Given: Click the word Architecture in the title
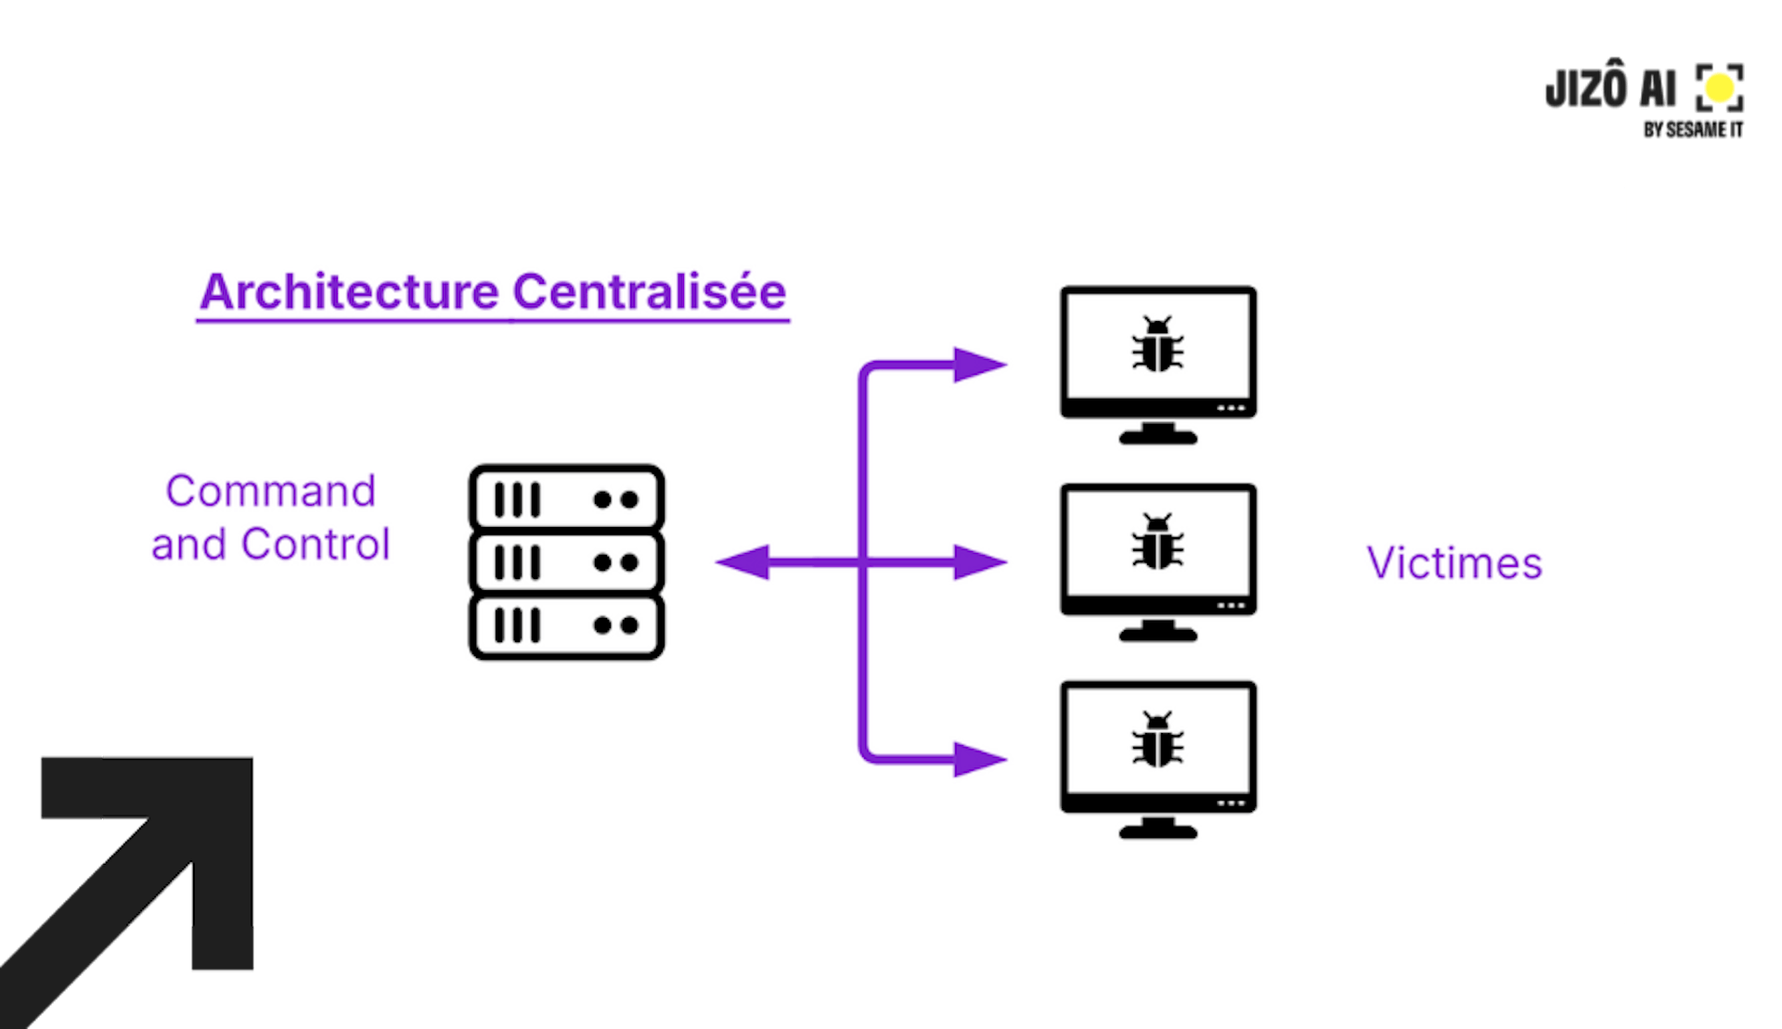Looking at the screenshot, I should click(349, 292).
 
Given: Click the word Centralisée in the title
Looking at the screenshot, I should click(649, 292).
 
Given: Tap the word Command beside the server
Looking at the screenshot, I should click(270, 491).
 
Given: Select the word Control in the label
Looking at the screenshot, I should click(316, 545).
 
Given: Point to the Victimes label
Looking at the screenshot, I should click(1453, 563).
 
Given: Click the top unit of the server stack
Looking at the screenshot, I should click(566, 499).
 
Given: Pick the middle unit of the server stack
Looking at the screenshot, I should click(566, 562).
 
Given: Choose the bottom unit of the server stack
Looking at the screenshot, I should click(566, 625).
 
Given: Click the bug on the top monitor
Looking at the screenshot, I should click(1157, 344).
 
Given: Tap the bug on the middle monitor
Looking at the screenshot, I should click(1157, 542).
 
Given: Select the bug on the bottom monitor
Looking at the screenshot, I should click(1157, 740).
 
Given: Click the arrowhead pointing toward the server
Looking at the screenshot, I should click(744, 562).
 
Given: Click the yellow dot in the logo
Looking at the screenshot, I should click(1720, 89).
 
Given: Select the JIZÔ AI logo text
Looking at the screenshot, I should click(1610, 89).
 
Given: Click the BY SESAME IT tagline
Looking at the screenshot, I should click(1693, 130).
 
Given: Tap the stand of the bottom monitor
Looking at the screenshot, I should click(1157, 828).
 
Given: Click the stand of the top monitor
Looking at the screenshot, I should click(1157, 432).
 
